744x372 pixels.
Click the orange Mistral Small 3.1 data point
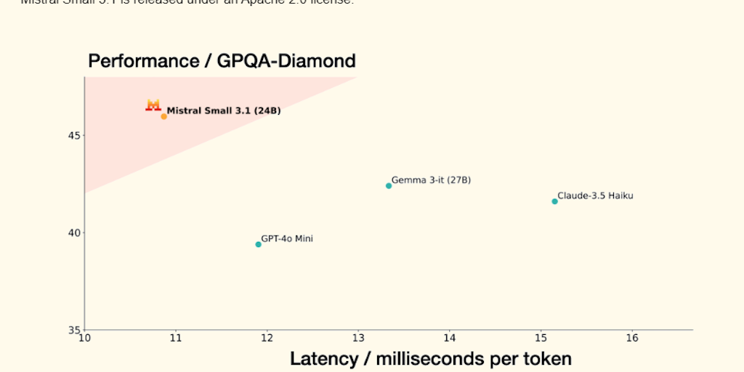click(x=164, y=116)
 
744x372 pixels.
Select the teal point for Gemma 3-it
click(x=389, y=186)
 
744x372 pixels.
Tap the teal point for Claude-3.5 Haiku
click(x=554, y=201)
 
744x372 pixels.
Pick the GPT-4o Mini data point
click(x=258, y=244)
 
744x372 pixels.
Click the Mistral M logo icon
click(x=153, y=105)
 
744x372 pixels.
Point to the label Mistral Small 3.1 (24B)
click(x=224, y=111)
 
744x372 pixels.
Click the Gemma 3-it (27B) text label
click(x=431, y=179)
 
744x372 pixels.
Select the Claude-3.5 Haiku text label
click(x=595, y=195)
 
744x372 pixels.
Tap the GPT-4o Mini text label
click(x=287, y=238)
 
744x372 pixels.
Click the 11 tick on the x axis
click(x=175, y=338)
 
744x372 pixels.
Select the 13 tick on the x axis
click(x=358, y=338)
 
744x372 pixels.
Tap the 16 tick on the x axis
click(x=632, y=338)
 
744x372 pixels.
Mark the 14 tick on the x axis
click(x=450, y=338)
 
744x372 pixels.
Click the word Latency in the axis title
click(x=323, y=358)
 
